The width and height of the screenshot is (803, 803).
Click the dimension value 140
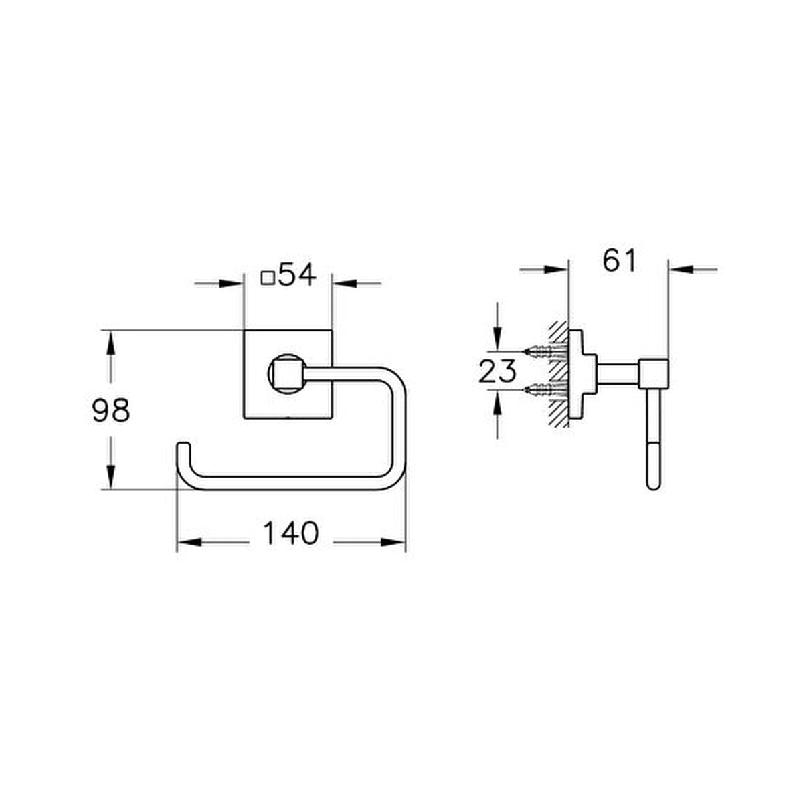[x=291, y=533]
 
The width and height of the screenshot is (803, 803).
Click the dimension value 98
[x=111, y=410]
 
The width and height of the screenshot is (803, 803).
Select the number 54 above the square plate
[x=296, y=275]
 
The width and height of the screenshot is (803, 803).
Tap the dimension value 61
[x=620, y=260]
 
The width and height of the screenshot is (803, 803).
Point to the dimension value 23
[x=498, y=371]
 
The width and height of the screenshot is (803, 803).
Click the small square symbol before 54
[x=268, y=278]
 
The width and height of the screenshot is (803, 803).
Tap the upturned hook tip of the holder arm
[x=184, y=444]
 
